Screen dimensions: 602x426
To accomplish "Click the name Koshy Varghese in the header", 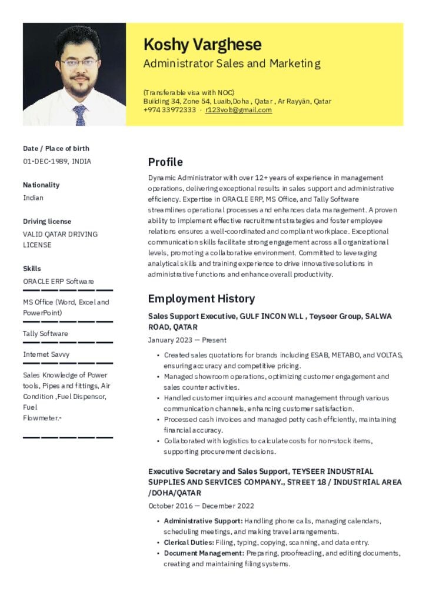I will coord(202,45).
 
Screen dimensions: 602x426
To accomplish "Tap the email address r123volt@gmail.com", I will coord(238,110).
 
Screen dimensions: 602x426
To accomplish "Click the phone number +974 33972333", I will coord(169,110).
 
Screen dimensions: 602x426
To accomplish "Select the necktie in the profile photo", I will coord(79,115).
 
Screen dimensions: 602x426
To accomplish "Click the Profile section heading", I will coord(165,162).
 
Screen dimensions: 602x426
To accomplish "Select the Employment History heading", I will coord(201,299).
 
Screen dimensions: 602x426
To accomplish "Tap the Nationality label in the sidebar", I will coord(41,185).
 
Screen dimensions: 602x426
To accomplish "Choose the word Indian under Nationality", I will coord(33,198).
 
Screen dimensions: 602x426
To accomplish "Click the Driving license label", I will coord(47,222).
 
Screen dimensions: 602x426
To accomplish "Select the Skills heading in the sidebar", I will coord(32,269).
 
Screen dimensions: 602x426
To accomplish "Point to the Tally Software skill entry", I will coord(45,333).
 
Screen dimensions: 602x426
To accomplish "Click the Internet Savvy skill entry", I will coord(46,354).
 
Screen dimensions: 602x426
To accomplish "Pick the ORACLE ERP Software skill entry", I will coord(58,282).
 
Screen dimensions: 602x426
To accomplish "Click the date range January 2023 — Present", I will coord(187,340).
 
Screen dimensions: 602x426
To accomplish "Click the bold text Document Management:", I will coord(204,553).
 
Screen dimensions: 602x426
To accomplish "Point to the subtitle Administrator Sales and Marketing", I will coord(232,63).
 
